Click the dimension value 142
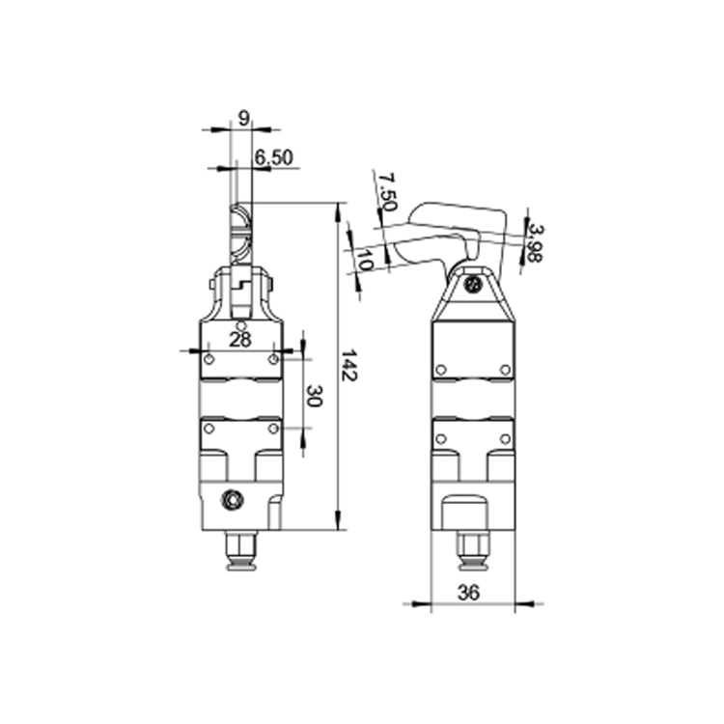click(348, 365)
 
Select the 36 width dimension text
click(468, 592)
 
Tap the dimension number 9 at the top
click(243, 119)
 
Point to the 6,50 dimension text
click(274, 157)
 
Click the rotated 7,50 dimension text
click(387, 191)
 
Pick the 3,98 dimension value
click(535, 243)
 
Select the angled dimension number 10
click(365, 261)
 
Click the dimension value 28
click(240, 341)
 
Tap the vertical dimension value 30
click(314, 396)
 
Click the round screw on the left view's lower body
click(232, 500)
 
